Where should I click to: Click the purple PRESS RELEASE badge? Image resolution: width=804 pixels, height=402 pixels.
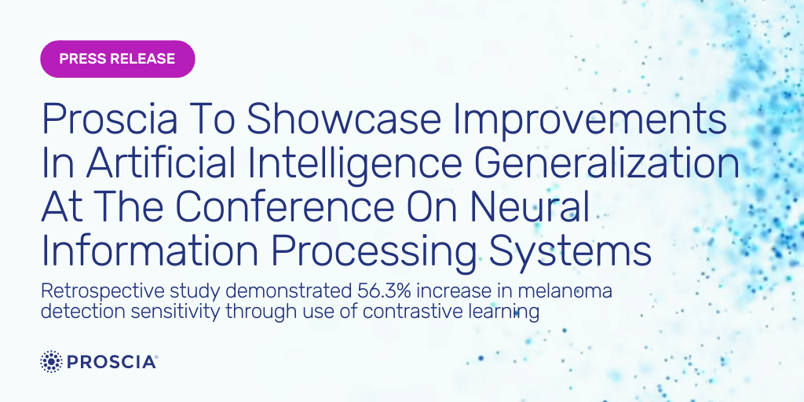[x=117, y=59]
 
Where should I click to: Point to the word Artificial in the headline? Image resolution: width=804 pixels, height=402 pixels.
[x=174, y=163]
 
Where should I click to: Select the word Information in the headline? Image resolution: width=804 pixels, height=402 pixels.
[x=150, y=250]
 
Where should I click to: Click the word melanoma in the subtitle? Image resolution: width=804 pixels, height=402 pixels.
[x=567, y=291]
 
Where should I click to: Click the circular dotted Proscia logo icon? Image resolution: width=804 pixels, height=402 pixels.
[x=51, y=361]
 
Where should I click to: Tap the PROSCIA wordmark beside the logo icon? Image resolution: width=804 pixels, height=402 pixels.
[x=111, y=362]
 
